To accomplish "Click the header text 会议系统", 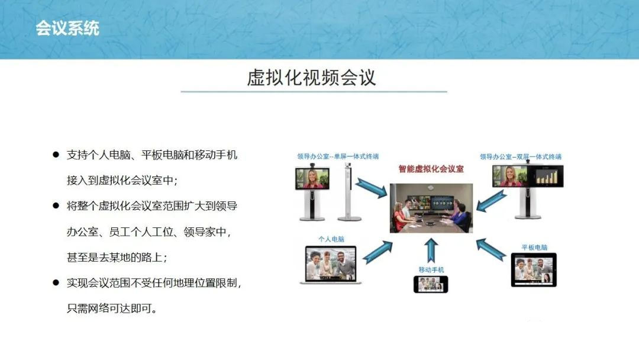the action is click(x=67, y=28).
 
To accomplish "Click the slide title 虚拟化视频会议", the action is click(x=311, y=78).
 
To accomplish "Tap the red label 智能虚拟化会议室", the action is click(x=431, y=169).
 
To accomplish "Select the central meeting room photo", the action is click(x=431, y=208).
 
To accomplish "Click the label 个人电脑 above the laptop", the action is click(x=331, y=239).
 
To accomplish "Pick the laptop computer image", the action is click(x=331, y=265).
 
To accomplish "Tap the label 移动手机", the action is click(x=431, y=270).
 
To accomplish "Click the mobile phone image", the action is click(x=431, y=284).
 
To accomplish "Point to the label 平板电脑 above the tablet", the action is click(x=534, y=247).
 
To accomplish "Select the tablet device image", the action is click(x=534, y=270).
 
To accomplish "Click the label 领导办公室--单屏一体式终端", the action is click(x=338, y=156).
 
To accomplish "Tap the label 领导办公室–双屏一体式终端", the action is click(x=521, y=156).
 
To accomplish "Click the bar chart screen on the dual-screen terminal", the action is click(x=546, y=176).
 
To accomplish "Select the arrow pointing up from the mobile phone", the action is click(x=431, y=250).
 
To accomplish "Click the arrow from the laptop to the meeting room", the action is click(x=377, y=252).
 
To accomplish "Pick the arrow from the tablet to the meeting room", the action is click(x=491, y=250).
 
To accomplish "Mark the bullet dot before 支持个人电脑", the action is click(x=56, y=155).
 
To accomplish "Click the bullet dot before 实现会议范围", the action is click(x=56, y=282).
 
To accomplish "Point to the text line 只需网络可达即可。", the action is click(x=112, y=308).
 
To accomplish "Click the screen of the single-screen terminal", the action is click(x=312, y=179).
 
